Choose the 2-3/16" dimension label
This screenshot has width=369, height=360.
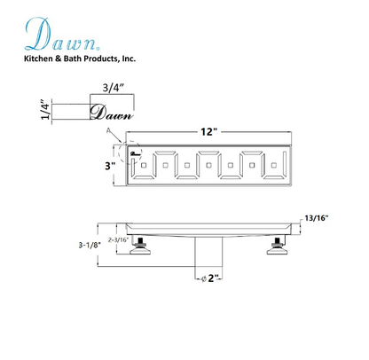[118, 238]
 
